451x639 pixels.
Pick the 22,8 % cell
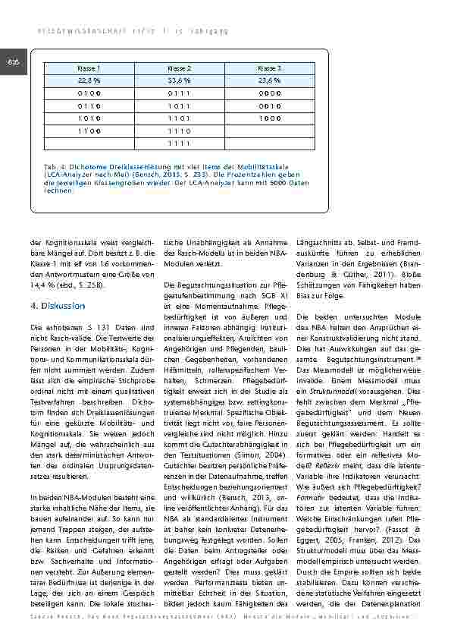click(89, 80)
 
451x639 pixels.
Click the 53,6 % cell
click(179, 80)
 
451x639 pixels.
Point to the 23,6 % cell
click(270, 80)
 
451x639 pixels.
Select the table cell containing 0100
click(89, 93)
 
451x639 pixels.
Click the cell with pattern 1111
click(179, 143)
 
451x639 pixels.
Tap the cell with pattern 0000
click(270, 93)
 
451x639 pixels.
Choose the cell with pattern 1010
click(89, 118)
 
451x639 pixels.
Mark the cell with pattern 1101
click(179, 118)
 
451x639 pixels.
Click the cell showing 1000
click(270, 118)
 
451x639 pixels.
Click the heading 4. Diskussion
click(58, 305)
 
